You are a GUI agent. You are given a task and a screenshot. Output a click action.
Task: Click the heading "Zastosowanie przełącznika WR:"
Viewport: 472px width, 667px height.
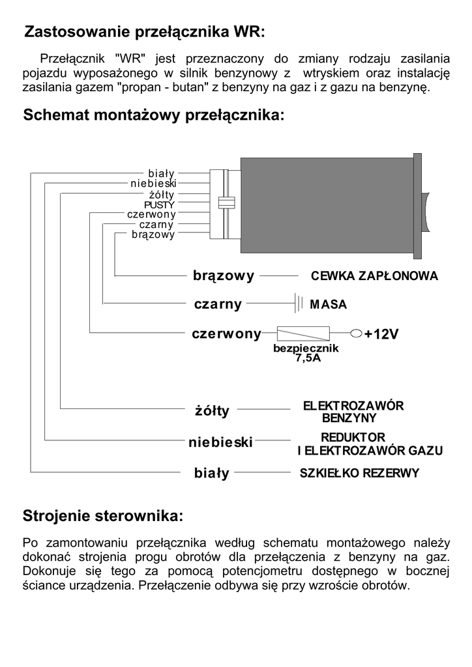pyautogui.click(x=145, y=32)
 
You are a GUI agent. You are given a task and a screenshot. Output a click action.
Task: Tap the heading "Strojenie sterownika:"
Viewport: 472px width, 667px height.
pyautogui.click(x=103, y=517)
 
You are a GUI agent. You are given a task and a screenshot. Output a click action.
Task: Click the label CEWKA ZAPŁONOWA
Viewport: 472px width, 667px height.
pyautogui.click(x=374, y=276)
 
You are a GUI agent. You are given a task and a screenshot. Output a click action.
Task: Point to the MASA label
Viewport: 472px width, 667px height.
pyautogui.click(x=329, y=304)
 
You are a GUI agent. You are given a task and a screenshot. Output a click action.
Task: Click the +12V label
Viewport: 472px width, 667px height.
pyautogui.click(x=381, y=334)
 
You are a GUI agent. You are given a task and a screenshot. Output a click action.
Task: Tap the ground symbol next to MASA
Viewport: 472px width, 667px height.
pyautogui.click(x=299, y=304)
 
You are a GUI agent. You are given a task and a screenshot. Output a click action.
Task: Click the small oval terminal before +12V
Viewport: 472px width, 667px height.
pyautogui.click(x=357, y=334)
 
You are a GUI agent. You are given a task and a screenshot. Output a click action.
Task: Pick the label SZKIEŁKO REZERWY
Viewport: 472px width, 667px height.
pyautogui.click(x=359, y=474)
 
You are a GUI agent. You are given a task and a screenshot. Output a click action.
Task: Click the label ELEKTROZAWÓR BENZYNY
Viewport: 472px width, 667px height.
pyautogui.click(x=353, y=411)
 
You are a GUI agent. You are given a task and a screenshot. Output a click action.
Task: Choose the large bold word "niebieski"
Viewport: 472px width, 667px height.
pyautogui.click(x=220, y=443)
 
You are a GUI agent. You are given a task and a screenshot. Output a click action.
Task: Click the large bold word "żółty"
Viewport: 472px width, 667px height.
pyautogui.click(x=212, y=411)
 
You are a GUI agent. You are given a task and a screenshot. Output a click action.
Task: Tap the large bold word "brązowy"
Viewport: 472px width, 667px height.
pyautogui.click(x=223, y=276)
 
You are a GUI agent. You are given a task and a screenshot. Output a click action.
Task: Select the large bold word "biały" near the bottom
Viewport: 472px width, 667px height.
pyautogui.click(x=212, y=474)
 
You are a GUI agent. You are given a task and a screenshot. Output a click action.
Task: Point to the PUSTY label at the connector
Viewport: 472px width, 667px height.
pyautogui.click(x=159, y=205)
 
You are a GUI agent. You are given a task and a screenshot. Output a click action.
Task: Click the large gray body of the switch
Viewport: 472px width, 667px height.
pyautogui.click(x=326, y=205)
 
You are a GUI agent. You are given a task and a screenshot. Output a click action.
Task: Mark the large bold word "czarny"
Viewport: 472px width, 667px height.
pyautogui.click(x=218, y=304)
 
